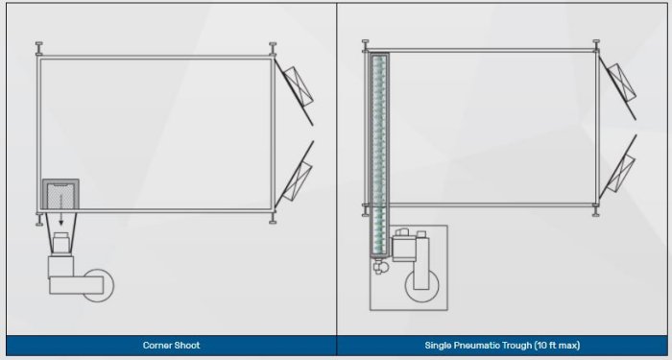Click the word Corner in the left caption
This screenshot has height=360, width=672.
[x=156, y=345]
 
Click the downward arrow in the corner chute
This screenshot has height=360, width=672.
[x=60, y=210]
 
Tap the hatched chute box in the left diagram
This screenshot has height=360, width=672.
[x=60, y=194]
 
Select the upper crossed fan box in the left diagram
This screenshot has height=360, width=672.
[x=299, y=86]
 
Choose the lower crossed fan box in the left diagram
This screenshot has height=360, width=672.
[x=298, y=181]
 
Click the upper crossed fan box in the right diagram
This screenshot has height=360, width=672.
[x=621, y=83]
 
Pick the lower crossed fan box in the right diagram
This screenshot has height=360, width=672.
[x=621, y=173]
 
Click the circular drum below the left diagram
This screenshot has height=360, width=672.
[x=98, y=285]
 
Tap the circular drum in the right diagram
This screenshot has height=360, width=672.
[x=422, y=285]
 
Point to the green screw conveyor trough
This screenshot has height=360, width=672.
[x=379, y=156]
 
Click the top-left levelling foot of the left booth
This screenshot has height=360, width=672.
[x=39, y=48]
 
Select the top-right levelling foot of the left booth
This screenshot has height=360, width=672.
[x=273, y=48]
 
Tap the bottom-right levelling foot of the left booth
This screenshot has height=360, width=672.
[x=273, y=218]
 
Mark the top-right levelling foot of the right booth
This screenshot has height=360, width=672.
[x=596, y=45]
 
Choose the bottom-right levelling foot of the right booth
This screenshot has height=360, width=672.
[x=596, y=211]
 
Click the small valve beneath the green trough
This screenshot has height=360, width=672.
[x=380, y=268]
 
